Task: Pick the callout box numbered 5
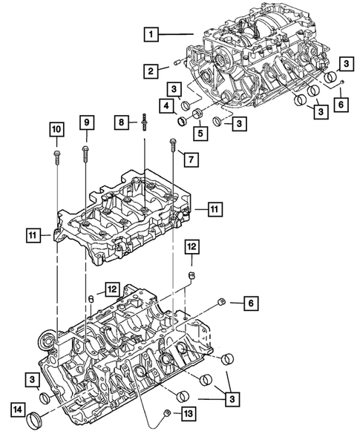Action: [199, 134]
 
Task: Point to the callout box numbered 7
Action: [190, 159]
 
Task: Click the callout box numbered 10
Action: [56, 131]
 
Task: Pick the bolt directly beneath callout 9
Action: [85, 154]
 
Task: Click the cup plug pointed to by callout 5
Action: [199, 114]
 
